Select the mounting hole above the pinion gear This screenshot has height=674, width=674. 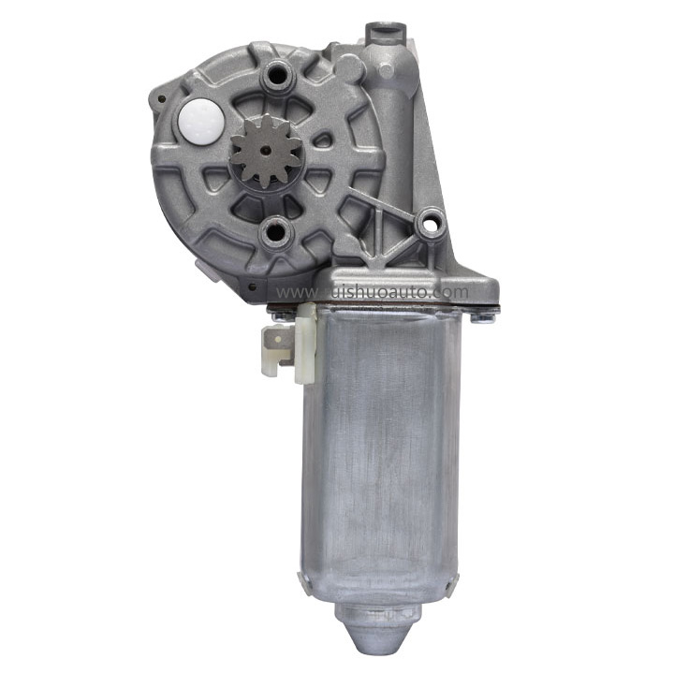tap(277, 74)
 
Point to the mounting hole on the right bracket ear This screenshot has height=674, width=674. tap(431, 223)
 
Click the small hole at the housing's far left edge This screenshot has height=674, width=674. tap(160, 97)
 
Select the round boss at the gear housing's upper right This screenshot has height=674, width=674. tap(349, 67)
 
